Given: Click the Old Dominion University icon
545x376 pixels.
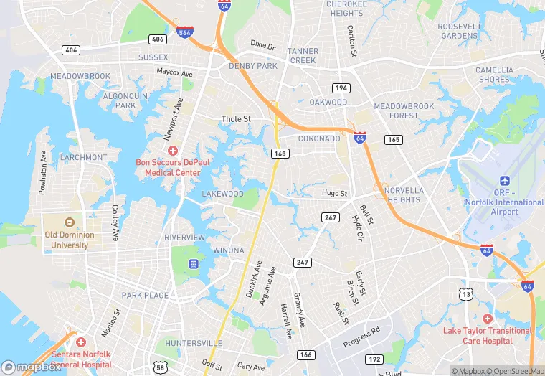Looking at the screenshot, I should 70,222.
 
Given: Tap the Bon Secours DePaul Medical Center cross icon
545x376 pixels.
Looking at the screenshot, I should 172,151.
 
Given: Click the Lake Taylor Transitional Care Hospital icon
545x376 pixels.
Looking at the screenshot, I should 488,319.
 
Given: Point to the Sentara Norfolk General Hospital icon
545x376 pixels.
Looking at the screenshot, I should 81,342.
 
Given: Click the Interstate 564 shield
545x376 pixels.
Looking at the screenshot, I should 184,32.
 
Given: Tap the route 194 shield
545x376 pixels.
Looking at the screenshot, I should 341,88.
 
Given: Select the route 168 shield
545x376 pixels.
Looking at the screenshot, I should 280,153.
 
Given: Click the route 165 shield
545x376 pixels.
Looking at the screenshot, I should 393,139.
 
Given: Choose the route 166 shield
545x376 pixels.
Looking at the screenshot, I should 306,354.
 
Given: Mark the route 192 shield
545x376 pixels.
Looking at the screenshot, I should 374,358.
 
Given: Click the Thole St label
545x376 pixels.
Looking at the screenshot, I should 236,119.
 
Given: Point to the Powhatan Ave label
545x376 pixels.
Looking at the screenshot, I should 43,172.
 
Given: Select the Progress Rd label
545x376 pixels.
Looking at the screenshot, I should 363,335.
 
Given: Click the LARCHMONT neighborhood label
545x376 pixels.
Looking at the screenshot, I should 84,157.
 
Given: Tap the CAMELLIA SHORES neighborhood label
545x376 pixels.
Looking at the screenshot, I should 495,75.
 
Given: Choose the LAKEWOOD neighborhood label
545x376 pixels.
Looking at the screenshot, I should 222,194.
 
